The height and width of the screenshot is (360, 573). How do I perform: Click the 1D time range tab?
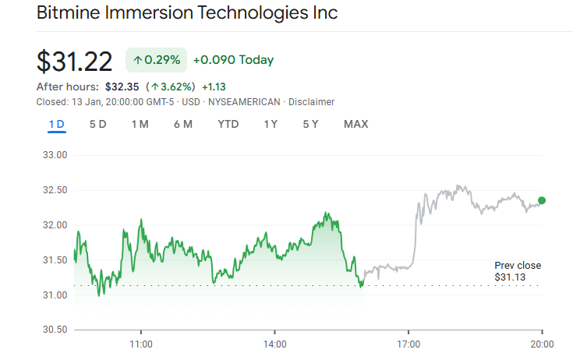point(56,124)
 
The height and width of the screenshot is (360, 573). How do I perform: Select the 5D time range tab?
point(98,124)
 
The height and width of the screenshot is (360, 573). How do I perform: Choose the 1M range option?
point(140,124)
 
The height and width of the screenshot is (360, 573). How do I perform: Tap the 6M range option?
point(183,124)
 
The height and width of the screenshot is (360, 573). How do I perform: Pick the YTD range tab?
point(228,124)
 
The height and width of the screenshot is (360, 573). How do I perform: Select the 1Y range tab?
point(271,124)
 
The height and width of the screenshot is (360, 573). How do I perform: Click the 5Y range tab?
point(310,124)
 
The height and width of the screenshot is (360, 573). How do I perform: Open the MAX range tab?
point(355,124)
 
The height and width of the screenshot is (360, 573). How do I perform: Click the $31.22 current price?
point(75,61)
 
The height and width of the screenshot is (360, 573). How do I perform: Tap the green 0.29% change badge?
point(156,60)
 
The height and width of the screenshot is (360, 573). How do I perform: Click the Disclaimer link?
point(312,102)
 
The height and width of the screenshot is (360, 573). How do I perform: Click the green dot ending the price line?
point(542,200)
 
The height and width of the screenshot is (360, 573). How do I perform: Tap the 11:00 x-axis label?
point(140,344)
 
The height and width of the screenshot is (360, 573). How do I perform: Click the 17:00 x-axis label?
point(409,344)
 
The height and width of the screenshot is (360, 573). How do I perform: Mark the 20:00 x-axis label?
point(543,344)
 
